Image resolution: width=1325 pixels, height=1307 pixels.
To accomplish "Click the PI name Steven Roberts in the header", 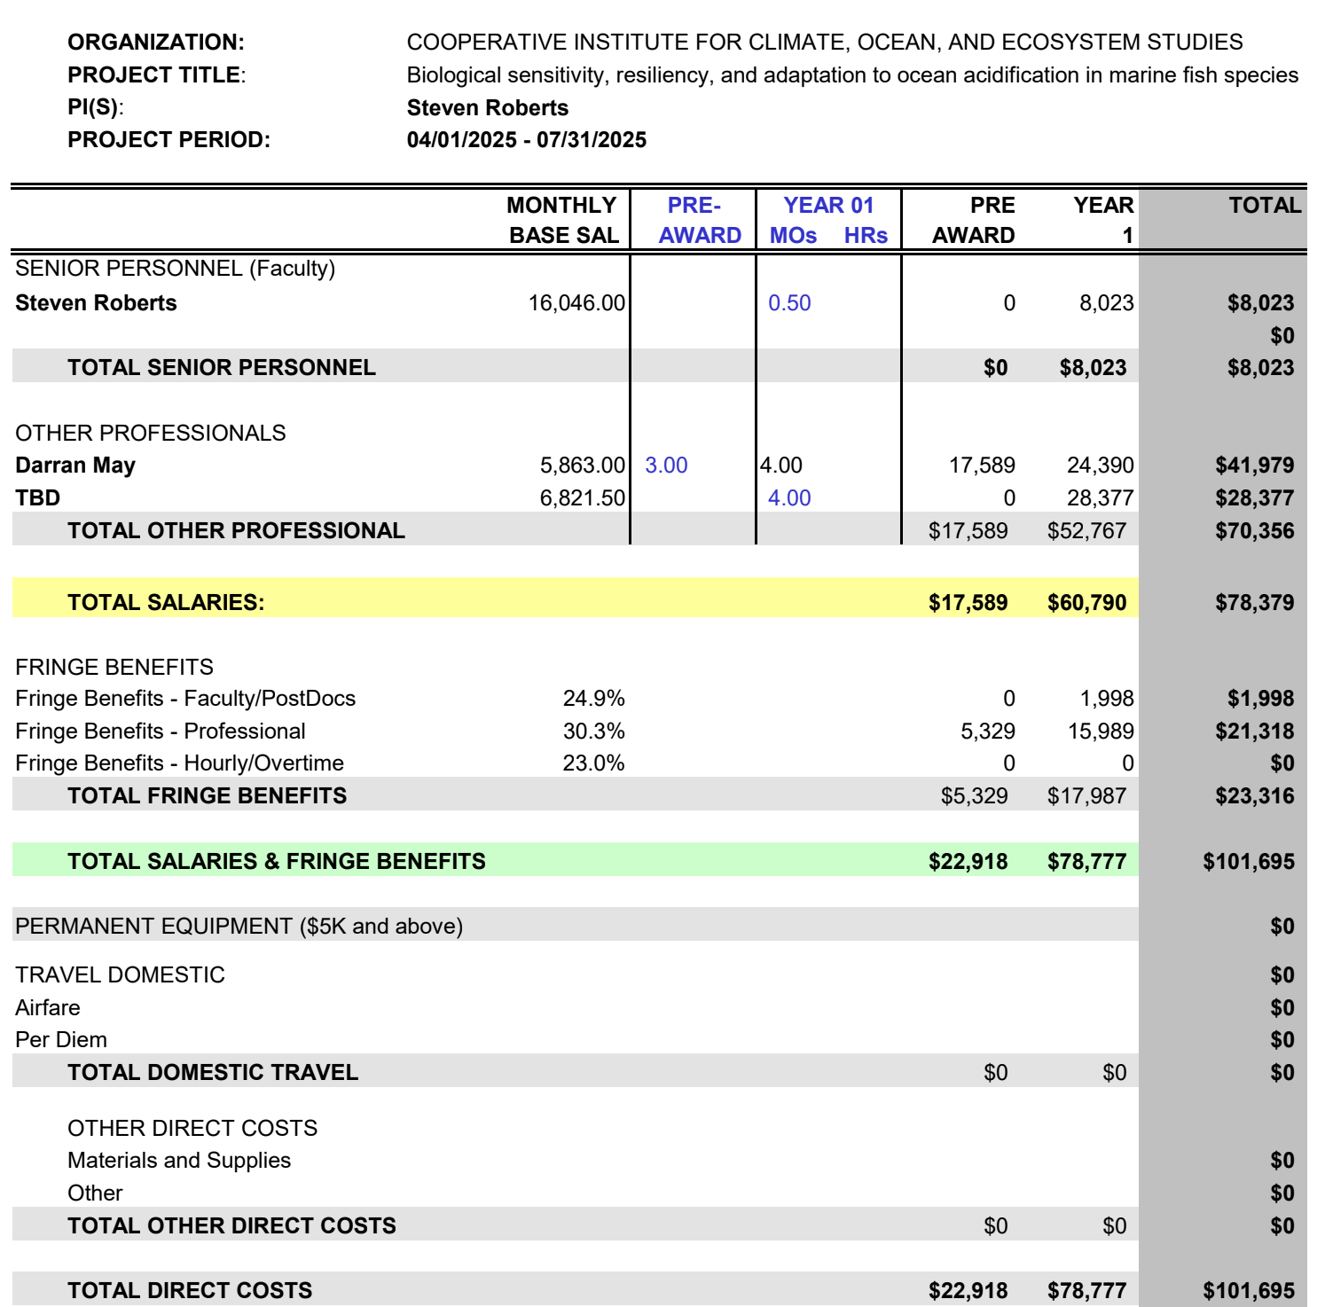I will [487, 108].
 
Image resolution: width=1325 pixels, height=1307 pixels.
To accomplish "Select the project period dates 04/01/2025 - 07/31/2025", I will [526, 140].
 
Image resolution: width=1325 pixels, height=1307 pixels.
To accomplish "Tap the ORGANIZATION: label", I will [156, 43].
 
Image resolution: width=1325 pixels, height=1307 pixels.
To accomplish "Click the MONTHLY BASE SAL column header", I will [562, 220].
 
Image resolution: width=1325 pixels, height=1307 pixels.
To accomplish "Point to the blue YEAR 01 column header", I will [828, 206].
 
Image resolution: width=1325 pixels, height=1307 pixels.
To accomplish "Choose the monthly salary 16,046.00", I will [576, 303].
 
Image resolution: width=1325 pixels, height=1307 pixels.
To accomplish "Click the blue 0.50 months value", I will [789, 303].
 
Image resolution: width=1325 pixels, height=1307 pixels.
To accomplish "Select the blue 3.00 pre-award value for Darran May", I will [666, 466].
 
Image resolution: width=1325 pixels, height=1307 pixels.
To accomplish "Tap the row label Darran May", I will [75, 466].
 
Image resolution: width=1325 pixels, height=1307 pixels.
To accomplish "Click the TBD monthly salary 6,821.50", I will [582, 498].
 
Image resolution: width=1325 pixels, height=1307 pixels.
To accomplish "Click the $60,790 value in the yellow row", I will [1086, 603].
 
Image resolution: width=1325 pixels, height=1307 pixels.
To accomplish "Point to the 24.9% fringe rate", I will [593, 699].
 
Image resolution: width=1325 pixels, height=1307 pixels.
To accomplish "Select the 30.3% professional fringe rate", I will [593, 732].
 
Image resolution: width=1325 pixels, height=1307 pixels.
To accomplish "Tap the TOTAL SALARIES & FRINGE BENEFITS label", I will [277, 862].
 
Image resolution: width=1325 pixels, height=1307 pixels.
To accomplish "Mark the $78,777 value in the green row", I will [1086, 862].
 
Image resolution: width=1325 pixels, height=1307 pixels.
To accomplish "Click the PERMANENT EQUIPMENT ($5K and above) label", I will [239, 927].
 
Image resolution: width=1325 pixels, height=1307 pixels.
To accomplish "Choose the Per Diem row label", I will [61, 1040].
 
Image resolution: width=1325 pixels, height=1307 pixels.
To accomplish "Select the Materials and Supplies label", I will [179, 1161].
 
